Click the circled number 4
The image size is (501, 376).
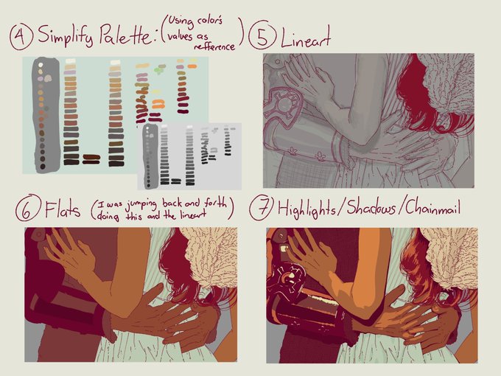pyautogui.click(x=21, y=37)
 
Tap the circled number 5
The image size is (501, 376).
pyautogui.click(x=262, y=35)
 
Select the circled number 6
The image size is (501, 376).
pyautogui.click(x=27, y=208)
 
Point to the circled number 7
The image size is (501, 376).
pyautogui.click(x=262, y=208)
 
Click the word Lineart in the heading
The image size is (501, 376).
pyautogui.click(x=305, y=38)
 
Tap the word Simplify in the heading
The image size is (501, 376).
pyautogui.click(x=66, y=36)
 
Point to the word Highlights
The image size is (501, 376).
pyautogui.click(x=306, y=209)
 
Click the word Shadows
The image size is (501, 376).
pyautogui.click(x=371, y=207)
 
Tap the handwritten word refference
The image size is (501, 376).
pyautogui.click(x=214, y=46)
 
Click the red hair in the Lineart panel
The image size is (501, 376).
pyautogui.click(x=416, y=93)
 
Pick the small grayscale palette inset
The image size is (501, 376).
pyautogui.click(x=189, y=156)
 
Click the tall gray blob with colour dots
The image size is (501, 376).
pyautogui.click(x=46, y=114)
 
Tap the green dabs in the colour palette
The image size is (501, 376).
pyautogui.click(x=159, y=69)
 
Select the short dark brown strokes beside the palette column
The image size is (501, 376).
pyautogui.click(x=91, y=159)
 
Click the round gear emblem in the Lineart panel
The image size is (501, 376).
pyautogui.click(x=284, y=104)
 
